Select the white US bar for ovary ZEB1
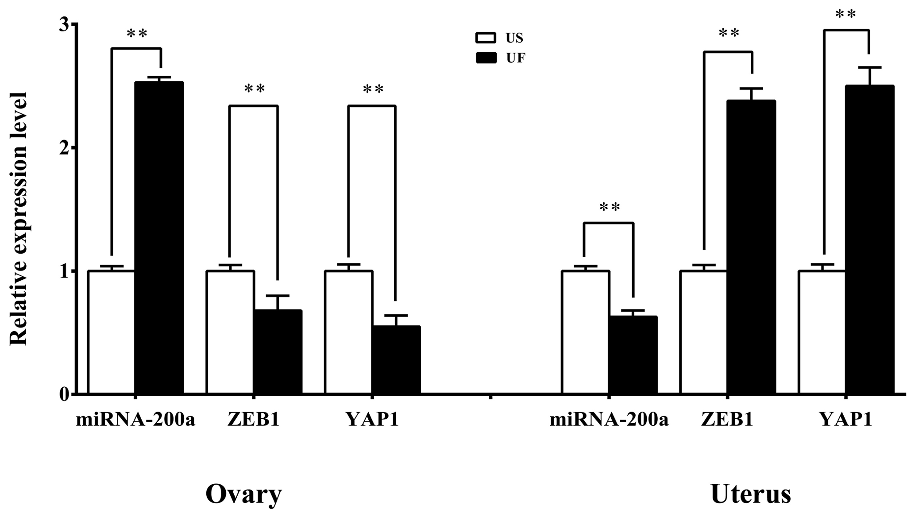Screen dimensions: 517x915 [230, 332]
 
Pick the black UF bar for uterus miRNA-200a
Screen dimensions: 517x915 [633, 355]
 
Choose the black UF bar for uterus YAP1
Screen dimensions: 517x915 [870, 239]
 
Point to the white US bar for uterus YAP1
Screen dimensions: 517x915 [822, 332]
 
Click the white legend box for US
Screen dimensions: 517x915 [486, 38]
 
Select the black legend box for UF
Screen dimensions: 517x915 [486, 58]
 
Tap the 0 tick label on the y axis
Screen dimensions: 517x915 [65, 394]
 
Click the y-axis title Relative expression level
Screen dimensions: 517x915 [19, 219]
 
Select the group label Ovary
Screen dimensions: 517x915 [243, 494]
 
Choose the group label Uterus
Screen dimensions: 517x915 [751, 494]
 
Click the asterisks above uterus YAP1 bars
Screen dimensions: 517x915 [846, 15]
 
